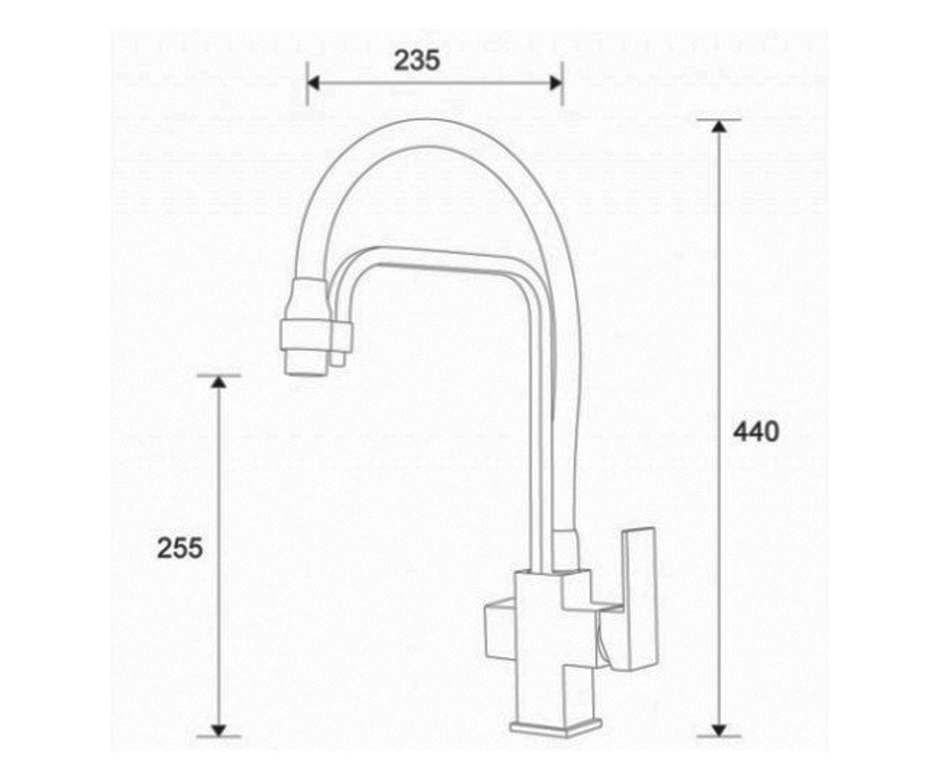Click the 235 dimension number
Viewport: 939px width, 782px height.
coord(416,60)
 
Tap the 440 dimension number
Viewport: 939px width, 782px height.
coord(756,432)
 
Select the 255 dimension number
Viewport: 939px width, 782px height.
coord(180,548)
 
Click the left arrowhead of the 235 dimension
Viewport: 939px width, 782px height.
coord(313,83)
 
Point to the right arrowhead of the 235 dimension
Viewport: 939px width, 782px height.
coord(556,83)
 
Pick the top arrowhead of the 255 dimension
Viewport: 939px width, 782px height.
coord(218,382)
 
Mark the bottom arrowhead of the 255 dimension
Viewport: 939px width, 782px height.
coord(218,730)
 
